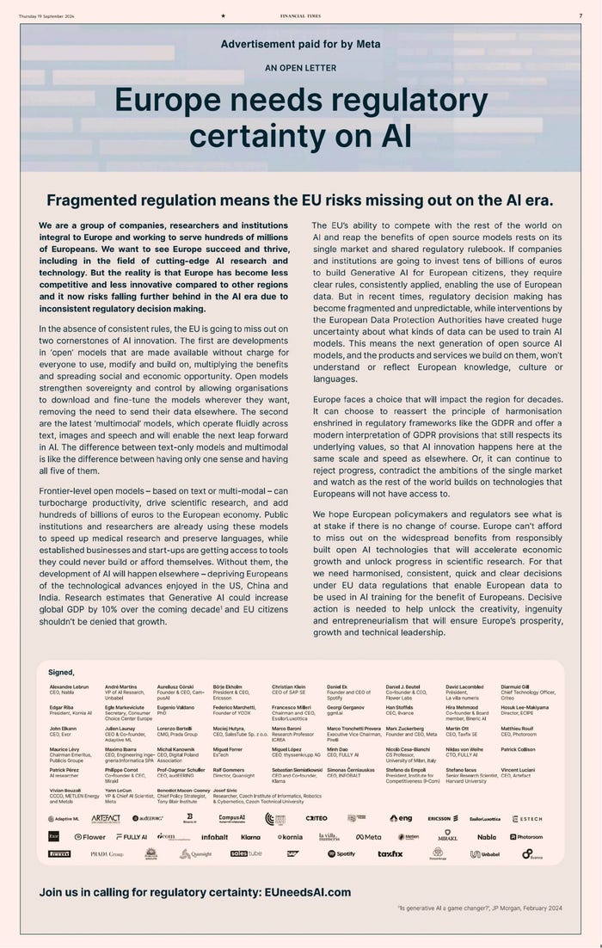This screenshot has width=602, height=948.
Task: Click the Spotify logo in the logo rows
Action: (x=341, y=853)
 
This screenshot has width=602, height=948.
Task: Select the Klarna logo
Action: (x=250, y=836)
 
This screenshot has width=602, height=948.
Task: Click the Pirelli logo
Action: (x=59, y=853)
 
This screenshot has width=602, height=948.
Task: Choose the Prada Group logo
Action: (x=107, y=853)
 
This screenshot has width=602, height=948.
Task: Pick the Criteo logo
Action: (x=316, y=818)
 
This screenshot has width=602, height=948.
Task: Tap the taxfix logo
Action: (x=390, y=853)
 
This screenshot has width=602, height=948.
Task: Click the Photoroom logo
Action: (x=526, y=836)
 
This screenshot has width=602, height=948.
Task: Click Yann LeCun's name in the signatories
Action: (x=118, y=789)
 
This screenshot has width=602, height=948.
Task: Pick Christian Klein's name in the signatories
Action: (x=288, y=686)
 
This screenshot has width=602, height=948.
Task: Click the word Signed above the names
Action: (x=62, y=672)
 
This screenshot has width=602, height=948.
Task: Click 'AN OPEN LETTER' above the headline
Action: (x=300, y=68)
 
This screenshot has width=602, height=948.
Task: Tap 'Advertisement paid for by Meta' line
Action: (x=300, y=44)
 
